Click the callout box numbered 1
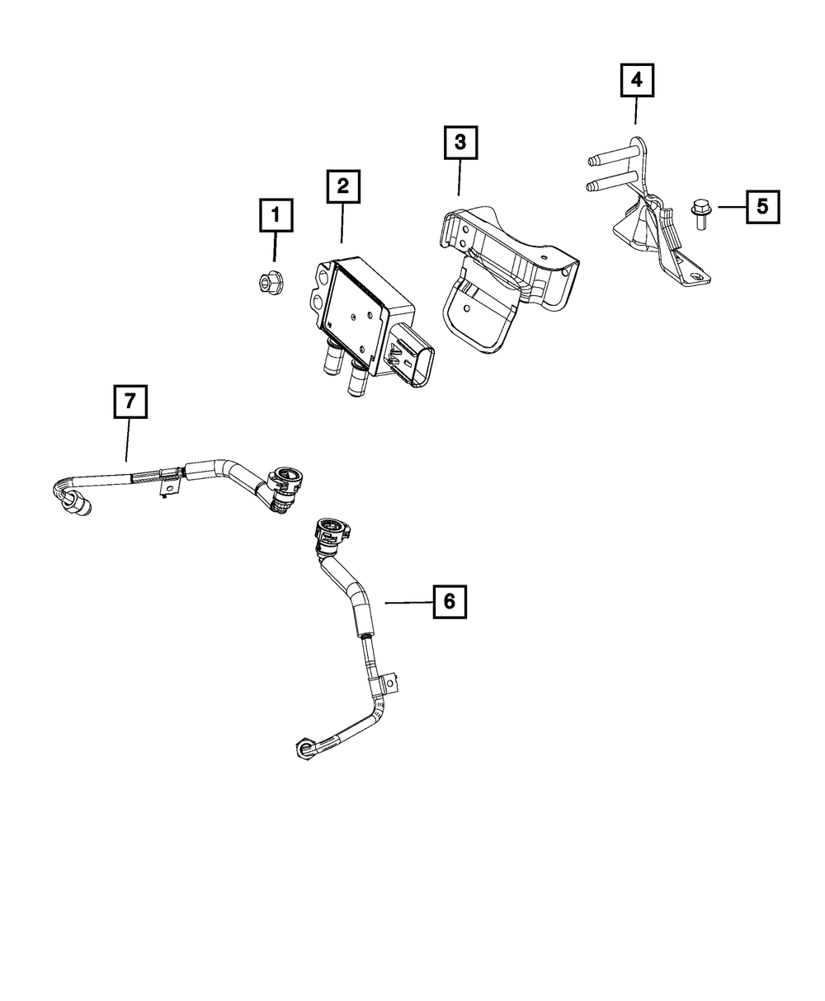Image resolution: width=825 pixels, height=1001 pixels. click(x=276, y=216)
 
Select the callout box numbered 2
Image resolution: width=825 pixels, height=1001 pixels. click(x=342, y=186)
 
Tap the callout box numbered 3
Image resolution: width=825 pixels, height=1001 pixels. click(x=460, y=143)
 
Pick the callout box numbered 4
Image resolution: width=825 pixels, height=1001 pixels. click(x=636, y=81)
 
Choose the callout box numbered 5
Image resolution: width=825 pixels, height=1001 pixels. click(x=762, y=206)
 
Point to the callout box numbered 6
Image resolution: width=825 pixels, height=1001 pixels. click(x=449, y=602)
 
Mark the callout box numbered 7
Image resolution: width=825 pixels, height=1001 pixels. click(x=130, y=402)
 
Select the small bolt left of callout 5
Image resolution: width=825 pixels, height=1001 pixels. click(x=700, y=214)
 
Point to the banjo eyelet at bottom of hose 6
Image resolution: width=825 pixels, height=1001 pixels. click(x=304, y=748)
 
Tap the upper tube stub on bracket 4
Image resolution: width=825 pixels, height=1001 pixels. click(x=609, y=156)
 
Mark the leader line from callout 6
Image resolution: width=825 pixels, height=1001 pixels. click(x=408, y=603)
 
